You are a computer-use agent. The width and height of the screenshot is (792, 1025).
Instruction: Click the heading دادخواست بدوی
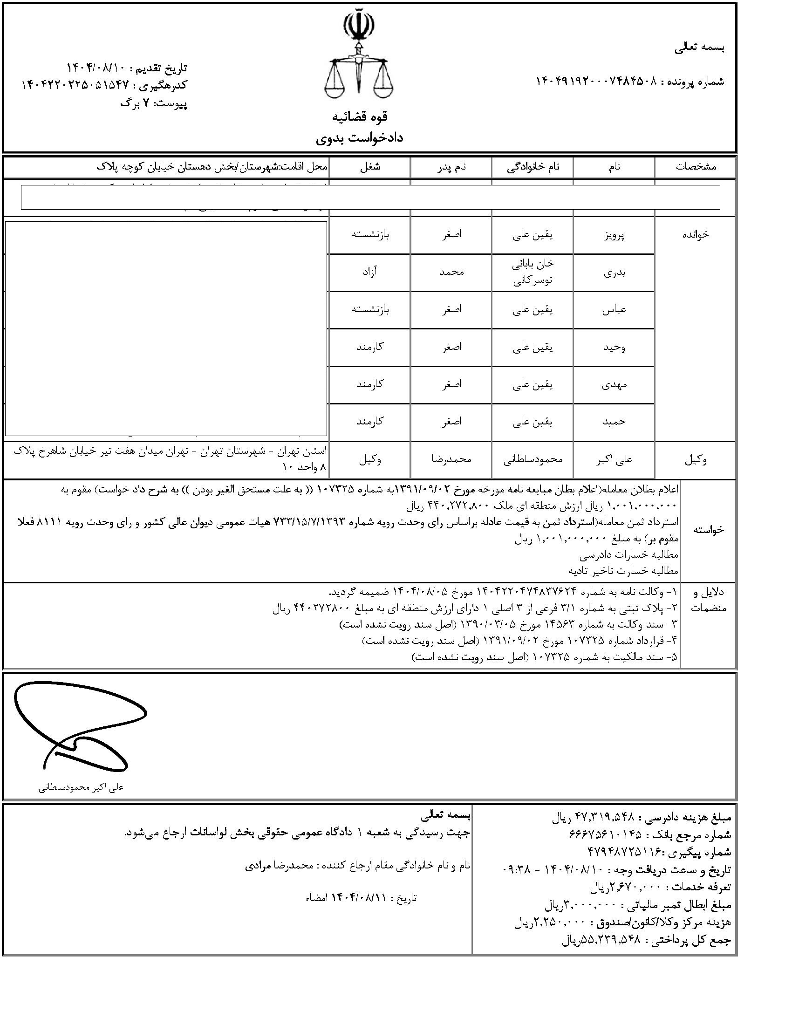(359, 137)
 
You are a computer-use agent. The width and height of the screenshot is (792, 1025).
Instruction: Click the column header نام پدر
(451, 167)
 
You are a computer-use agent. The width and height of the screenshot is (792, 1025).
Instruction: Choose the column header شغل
(370, 167)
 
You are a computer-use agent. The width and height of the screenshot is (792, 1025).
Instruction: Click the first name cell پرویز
(614, 235)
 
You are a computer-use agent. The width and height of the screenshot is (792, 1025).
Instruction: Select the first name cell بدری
(614, 273)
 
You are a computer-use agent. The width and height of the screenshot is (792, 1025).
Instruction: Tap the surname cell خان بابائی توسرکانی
(533, 273)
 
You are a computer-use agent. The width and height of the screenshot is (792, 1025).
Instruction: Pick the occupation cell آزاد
(370, 272)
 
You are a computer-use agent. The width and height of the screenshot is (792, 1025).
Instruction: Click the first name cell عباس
(614, 310)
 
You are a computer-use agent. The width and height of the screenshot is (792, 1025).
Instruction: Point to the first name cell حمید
(614, 422)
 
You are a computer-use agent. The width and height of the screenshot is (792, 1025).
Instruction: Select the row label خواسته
(708, 530)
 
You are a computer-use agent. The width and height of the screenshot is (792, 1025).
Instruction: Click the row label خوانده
(696, 235)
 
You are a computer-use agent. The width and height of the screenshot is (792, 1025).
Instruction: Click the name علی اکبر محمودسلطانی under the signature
(81, 788)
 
